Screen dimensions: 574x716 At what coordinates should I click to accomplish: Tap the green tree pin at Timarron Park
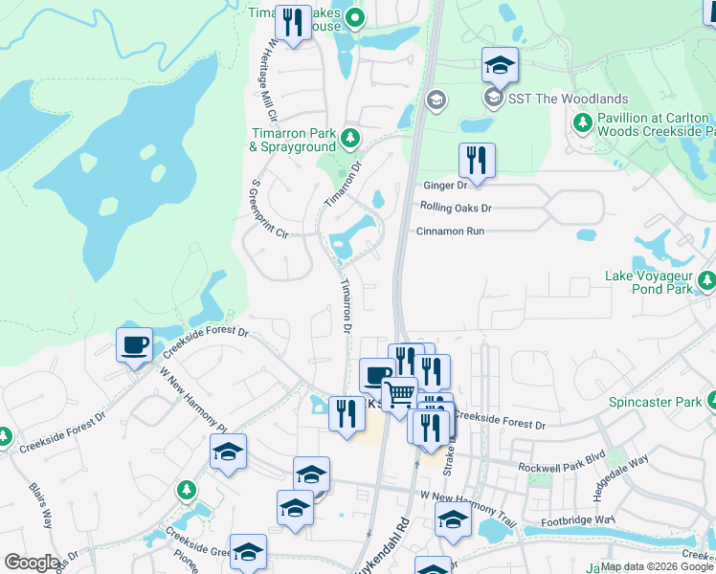(350, 139)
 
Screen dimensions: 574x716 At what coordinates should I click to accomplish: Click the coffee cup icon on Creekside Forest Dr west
(134, 343)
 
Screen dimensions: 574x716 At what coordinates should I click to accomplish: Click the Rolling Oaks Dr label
(455, 208)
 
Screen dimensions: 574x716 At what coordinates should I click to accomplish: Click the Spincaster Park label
(656, 403)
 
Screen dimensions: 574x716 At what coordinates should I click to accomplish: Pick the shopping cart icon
(398, 393)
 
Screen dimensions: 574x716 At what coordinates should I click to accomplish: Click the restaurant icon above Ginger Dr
(476, 159)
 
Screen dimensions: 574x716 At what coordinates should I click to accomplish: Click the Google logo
(32, 562)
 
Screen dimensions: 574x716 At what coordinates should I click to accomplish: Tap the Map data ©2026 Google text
(656, 566)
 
